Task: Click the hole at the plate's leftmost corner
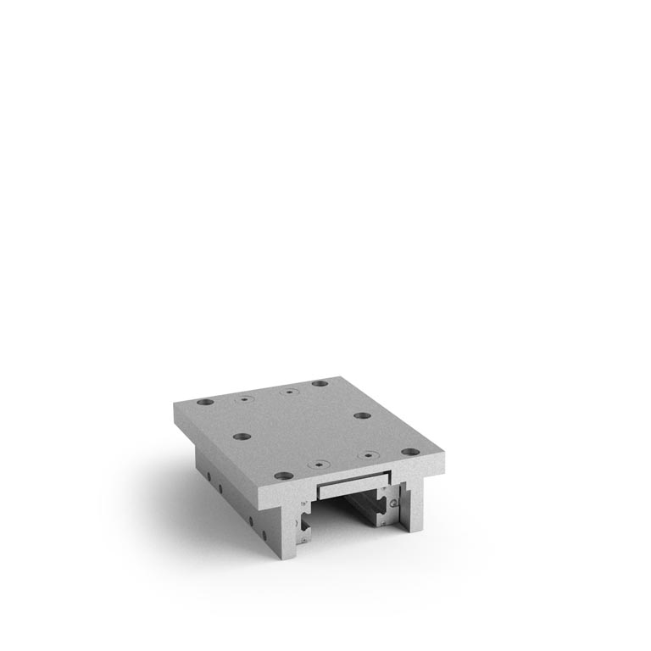tap(204, 402)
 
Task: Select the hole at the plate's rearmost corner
tap(320, 383)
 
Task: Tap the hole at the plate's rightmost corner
tap(409, 452)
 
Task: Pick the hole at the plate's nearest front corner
tap(284, 476)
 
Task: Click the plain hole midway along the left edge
tap(242, 437)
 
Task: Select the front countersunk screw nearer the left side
tap(319, 465)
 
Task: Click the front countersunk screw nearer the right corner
tap(367, 455)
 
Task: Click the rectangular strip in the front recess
tap(352, 487)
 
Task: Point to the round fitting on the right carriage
tap(395, 504)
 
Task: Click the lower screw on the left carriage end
tap(302, 536)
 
